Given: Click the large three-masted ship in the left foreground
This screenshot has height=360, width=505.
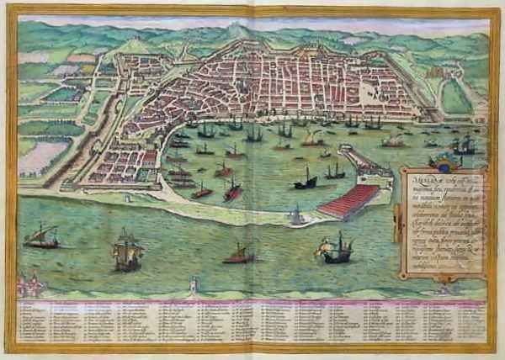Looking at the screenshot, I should pos(127,253).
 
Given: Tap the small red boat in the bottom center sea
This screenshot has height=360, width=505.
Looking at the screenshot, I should pos(238,254).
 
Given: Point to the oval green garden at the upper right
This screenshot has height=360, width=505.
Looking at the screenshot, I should pos(454,96).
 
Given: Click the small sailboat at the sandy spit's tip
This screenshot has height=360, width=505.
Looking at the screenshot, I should pos(295,217).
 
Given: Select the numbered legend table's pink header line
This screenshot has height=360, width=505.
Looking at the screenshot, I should pos(252,298).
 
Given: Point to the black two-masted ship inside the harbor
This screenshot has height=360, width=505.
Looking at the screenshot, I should pos(307,180).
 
